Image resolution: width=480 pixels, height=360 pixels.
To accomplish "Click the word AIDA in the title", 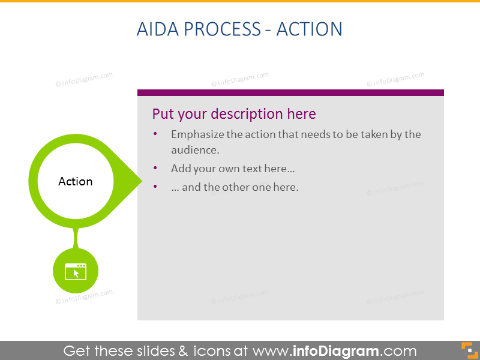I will click(157, 29).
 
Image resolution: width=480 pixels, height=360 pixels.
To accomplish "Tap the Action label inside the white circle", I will click(76, 181).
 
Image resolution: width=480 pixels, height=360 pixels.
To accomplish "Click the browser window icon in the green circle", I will click(76, 272).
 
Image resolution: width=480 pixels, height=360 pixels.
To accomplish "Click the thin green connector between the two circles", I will click(76, 238).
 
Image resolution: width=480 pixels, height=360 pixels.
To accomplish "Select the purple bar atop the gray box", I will click(290, 92).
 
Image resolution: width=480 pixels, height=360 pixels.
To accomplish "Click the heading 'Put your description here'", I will click(234, 114).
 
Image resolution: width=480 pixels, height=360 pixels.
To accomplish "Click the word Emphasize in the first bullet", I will click(197, 134).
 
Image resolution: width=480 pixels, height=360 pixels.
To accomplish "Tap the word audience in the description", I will click(194, 150).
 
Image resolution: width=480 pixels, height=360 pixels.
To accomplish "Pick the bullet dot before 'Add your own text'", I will click(156, 169).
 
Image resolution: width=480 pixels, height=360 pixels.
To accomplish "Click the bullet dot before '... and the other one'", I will click(156, 187).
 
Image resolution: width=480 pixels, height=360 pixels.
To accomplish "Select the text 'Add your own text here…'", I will click(233, 169).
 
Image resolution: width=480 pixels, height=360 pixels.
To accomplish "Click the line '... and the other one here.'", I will click(235, 187).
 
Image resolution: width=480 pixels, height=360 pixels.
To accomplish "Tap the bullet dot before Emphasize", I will click(156, 134).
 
